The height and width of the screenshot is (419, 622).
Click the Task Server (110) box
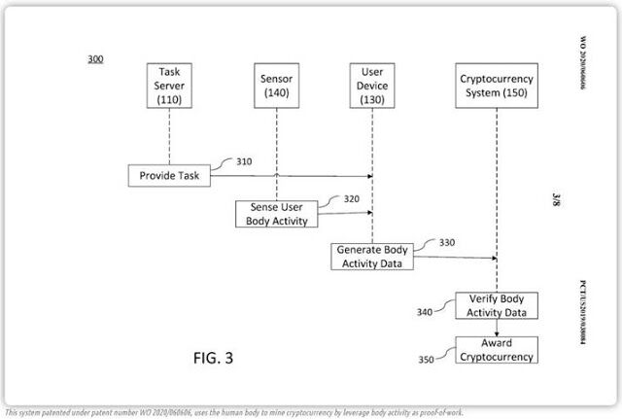[170, 86]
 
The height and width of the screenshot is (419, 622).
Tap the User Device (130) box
[373, 86]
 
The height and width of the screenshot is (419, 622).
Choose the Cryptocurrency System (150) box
[497, 86]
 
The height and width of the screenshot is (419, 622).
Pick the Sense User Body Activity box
[275, 214]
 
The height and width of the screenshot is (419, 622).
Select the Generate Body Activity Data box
[373, 256]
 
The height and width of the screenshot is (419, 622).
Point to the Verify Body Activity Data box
[497, 306]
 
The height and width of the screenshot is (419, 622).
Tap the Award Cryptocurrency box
[497, 350]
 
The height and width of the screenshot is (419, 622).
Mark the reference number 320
[352, 199]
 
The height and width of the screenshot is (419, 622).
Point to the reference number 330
[447, 242]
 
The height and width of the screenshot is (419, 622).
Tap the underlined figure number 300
[95, 59]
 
